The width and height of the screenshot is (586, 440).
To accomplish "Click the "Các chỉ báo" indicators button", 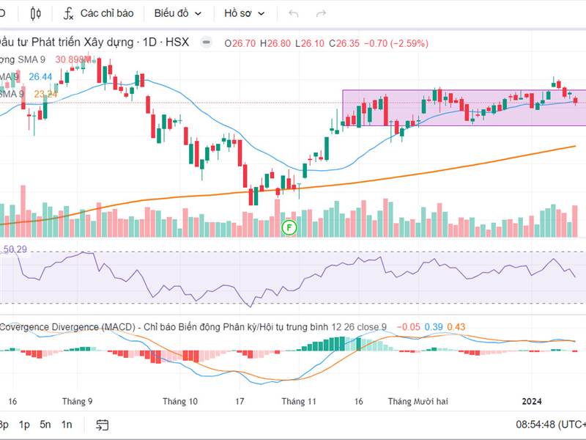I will click(98, 13).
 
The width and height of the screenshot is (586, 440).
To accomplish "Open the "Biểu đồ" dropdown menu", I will click(177, 13).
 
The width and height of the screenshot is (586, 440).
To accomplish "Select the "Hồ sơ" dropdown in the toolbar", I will click(244, 13).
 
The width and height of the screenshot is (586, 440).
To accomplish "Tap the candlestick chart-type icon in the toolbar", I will click(37, 13).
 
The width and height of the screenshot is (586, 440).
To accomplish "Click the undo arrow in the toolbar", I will click(294, 13).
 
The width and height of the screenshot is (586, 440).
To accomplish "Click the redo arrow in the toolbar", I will click(320, 13).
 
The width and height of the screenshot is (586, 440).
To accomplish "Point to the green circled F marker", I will click(289, 227).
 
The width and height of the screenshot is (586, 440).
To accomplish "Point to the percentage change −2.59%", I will click(414, 43).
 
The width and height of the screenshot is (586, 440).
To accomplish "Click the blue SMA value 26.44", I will click(40, 76).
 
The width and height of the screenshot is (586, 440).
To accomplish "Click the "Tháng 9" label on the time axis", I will click(78, 401).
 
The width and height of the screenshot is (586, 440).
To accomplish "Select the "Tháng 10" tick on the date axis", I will click(180, 401).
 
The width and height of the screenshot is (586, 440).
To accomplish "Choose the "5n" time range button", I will click(45, 425).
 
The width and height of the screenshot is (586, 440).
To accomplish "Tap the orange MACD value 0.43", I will click(456, 327).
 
